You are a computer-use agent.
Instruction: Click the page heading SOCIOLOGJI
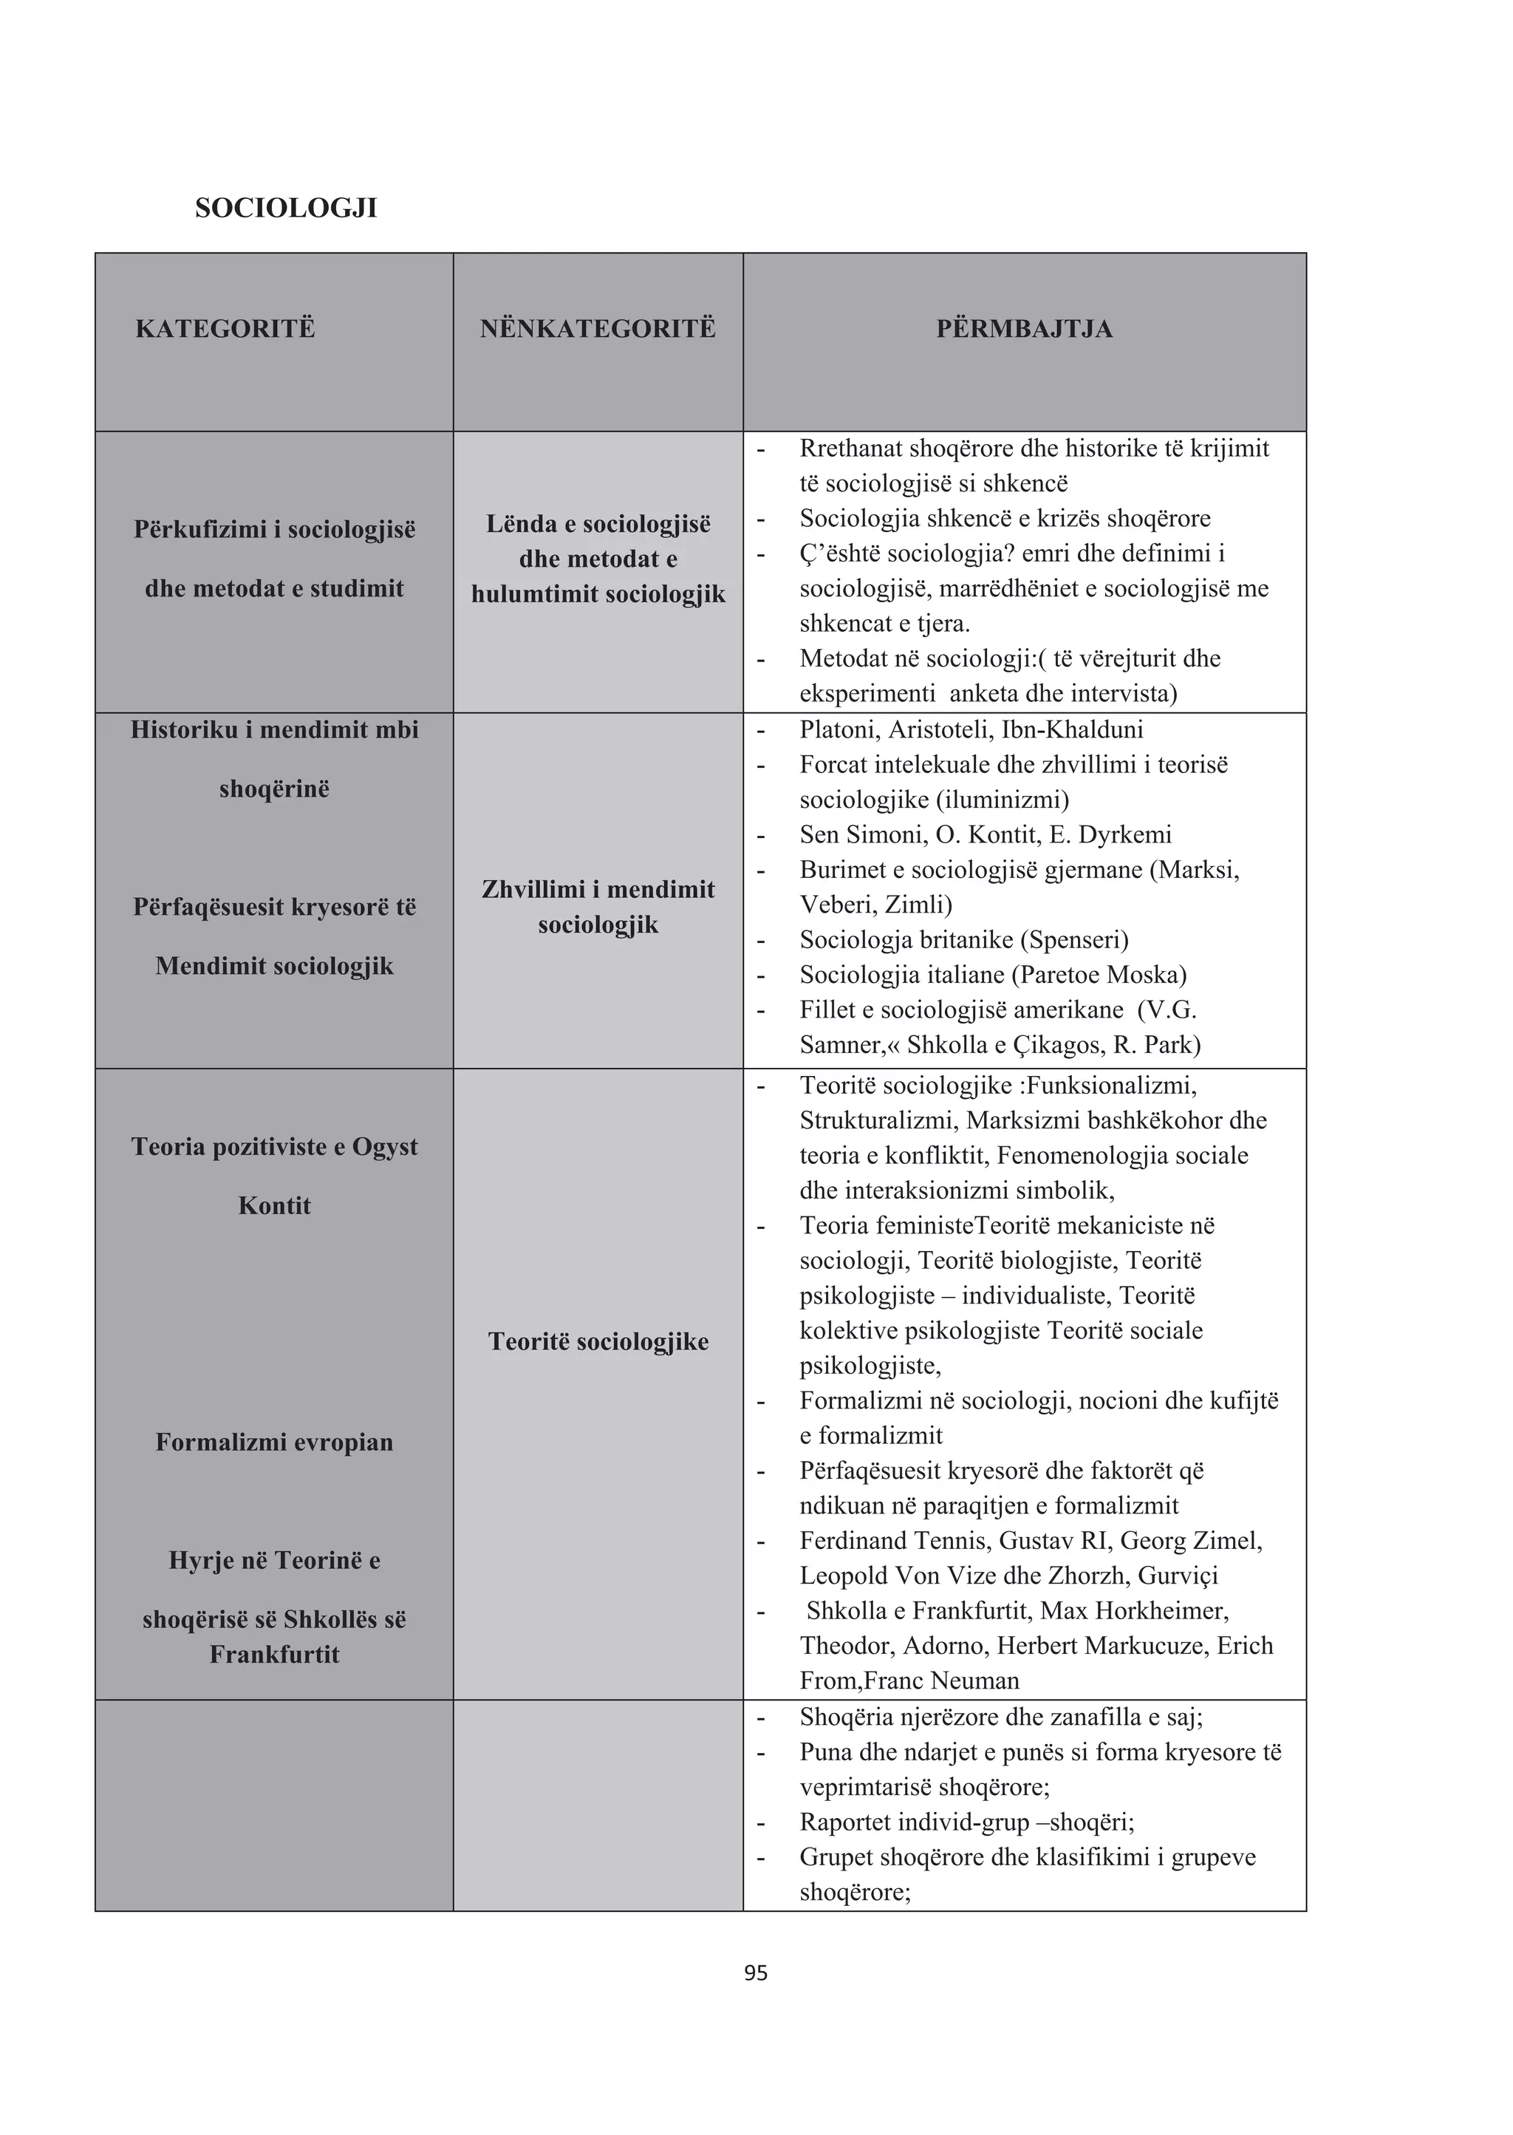286,208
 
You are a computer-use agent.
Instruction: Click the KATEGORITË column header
225,329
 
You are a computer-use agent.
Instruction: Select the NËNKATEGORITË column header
598,329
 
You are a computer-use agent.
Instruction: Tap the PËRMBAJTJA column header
1024,329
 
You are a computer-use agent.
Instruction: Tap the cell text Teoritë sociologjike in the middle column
598,1342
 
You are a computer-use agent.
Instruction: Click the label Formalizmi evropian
274,1443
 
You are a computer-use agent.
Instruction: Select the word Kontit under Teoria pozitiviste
274,1206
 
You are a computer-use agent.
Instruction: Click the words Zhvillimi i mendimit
598,890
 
